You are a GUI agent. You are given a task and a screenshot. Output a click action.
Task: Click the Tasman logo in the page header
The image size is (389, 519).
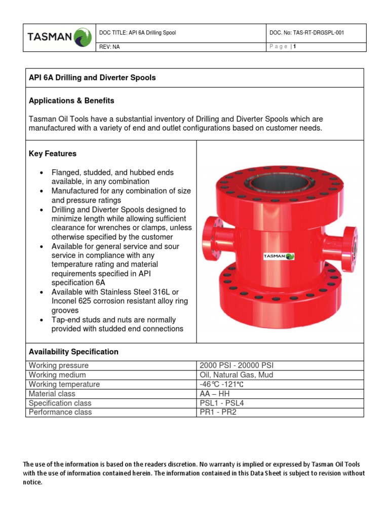(x=59, y=37)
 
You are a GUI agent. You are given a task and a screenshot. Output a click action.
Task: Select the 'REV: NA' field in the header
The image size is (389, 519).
(x=110, y=47)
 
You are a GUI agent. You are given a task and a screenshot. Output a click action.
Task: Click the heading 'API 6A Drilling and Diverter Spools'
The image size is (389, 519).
(x=92, y=78)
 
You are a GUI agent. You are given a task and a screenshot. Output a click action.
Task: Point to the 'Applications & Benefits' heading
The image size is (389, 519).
(x=71, y=100)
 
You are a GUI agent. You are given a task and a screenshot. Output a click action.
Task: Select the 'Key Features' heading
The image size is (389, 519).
(x=53, y=154)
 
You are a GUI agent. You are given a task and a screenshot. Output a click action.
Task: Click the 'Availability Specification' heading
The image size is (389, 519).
(x=73, y=352)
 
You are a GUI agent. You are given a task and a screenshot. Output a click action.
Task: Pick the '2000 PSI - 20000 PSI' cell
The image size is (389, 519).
(x=237, y=365)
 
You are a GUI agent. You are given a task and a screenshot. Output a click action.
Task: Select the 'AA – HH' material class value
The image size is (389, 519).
(x=215, y=394)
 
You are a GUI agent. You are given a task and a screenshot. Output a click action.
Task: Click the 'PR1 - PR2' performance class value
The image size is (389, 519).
(x=218, y=412)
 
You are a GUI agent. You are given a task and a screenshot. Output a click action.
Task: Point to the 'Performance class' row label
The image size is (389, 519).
(x=60, y=412)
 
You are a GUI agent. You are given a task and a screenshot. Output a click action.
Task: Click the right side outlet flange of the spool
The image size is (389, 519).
(x=350, y=245)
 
